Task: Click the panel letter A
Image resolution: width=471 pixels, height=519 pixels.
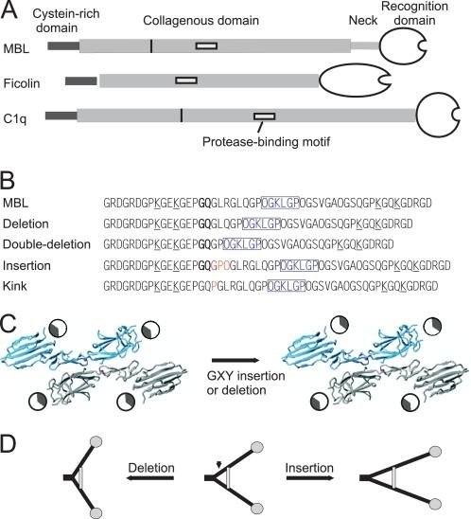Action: pyautogui.click(x=8, y=9)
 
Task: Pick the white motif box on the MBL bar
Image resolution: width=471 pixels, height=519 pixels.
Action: pyautogui.click(x=205, y=45)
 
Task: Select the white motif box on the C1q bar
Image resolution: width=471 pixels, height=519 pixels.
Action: pyautogui.click(x=265, y=116)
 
